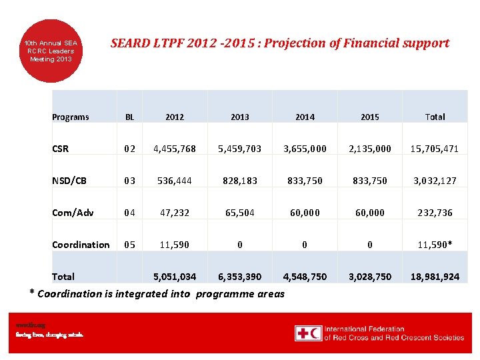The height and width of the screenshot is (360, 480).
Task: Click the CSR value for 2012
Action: pyautogui.click(x=174, y=149)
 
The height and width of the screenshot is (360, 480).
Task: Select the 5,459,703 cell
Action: pyautogui.click(x=239, y=149)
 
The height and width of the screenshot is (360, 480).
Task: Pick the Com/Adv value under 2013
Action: pyautogui.click(x=239, y=213)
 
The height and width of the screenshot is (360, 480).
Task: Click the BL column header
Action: pyautogui.click(x=129, y=117)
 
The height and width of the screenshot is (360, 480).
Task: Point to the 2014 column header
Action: pyautogui.click(x=305, y=117)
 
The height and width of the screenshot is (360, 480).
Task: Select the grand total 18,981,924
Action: pyautogui.click(x=435, y=277)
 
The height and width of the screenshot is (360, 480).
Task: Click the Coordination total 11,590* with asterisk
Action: pyautogui.click(x=435, y=245)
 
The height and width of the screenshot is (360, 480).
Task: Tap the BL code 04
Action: pyautogui.click(x=129, y=213)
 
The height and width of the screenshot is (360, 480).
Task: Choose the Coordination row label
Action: pyautogui.click(x=81, y=245)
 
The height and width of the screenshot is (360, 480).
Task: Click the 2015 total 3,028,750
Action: pyautogui.click(x=370, y=277)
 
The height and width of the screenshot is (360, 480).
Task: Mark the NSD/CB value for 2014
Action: pyautogui.click(x=305, y=181)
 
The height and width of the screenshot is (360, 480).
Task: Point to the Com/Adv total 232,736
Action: pyautogui.click(x=435, y=213)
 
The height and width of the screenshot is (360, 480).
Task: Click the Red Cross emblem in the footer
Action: pyautogui.click(x=308, y=333)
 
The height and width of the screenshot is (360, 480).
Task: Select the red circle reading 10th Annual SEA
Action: pyautogui.click(x=51, y=51)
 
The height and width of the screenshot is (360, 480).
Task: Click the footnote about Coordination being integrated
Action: pyautogui.click(x=157, y=294)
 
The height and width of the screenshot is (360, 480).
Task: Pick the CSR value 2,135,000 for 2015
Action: pyautogui.click(x=370, y=149)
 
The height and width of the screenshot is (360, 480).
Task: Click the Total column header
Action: pyautogui.click(x=435, y=117)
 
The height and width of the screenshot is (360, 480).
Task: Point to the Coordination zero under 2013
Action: pyautogui.click(x=239, y=245)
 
